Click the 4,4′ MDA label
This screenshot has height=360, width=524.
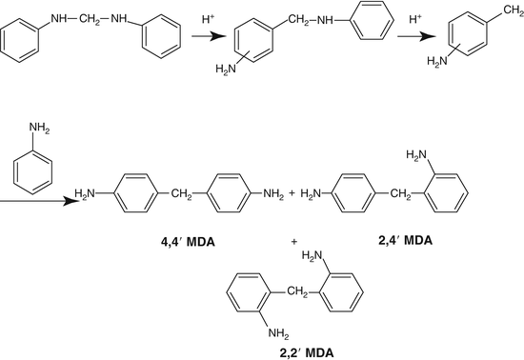click(188, 243)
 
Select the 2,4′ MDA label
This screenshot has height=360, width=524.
click(405, 243)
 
